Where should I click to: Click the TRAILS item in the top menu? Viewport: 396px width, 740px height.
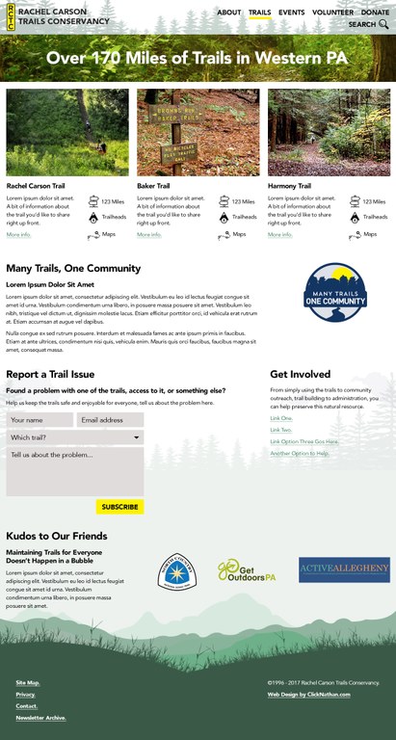coord(259,13)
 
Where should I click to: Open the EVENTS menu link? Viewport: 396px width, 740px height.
coord(292,13)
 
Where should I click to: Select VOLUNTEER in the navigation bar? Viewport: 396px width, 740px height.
coord(333,13)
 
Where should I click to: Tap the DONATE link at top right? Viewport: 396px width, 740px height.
coord(376,13)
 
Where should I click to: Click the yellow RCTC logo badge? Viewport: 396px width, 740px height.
coord(11,16)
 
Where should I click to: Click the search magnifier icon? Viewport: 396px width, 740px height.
coord(384,25)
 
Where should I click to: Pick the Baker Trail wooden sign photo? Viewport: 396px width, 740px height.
coord(198,132)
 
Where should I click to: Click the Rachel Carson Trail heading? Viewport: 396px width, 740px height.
coord(37,186)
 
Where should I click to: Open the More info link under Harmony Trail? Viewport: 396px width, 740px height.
coord(279,234)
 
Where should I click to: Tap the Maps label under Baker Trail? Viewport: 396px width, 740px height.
coord(239,234)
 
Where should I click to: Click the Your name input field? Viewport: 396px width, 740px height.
coord(40,420)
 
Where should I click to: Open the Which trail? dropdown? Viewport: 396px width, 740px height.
coord(75,437)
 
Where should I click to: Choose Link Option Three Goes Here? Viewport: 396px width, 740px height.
coord(304,441)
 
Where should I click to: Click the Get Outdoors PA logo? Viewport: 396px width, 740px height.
coord(247,570)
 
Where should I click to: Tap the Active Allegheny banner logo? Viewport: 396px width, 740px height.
coord(344,569)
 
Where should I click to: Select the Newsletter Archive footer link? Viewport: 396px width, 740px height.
coord(40,718)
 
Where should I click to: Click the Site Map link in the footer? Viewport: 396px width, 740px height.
coord(27,682)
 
